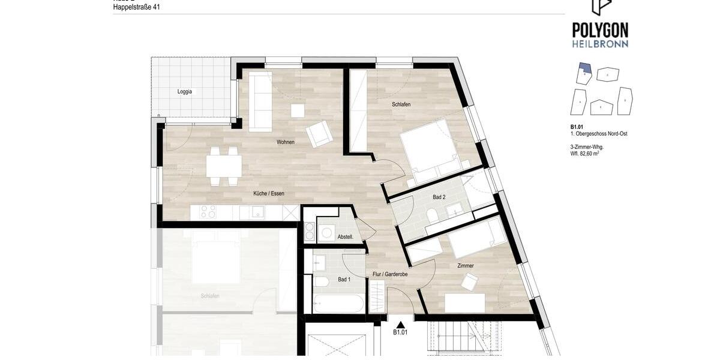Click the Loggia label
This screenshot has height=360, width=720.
pos(185,92)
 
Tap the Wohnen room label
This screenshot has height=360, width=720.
pos(286,142)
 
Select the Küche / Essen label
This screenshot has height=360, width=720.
pos(269,193)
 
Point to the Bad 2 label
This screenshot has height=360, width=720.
pos(439,197)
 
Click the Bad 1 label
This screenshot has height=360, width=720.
pos(344,280)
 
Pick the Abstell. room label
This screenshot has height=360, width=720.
pos(346,237)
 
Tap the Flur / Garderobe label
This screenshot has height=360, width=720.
pos(390,274)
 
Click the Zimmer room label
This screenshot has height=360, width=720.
pos(466,266)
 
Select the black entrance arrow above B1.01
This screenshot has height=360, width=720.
pos(400,325)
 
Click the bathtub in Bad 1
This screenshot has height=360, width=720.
pos(338,304)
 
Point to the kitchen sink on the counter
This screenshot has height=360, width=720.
pos(257,212)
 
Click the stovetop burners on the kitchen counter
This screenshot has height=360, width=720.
pos(208,212)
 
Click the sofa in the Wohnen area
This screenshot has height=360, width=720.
pos(260,100)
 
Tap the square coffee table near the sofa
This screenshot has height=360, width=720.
pos(298,111)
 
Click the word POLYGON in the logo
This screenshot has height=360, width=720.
pos(600,30)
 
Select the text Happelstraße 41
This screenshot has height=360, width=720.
pos(137,7)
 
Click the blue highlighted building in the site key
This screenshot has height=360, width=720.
pos(584,68)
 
